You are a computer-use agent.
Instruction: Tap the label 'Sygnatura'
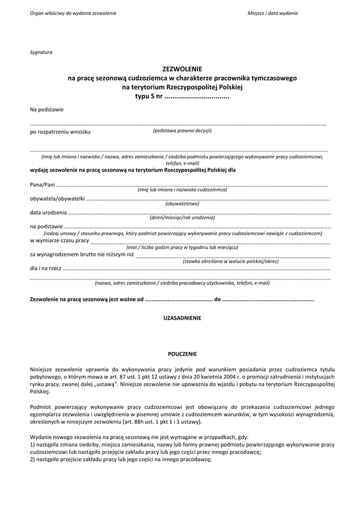click(x=41, y=52)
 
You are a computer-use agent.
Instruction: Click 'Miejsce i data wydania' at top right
click(x=272, y=13)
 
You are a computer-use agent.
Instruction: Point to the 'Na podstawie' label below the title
click(x=47, y=109)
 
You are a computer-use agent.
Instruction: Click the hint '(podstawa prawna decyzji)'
click(x=182, y=130)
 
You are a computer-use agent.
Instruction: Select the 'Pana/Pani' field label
click(x=42, y=185)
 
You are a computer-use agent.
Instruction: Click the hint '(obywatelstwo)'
click(x=182, y=204)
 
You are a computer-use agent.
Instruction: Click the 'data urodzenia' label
click(x=48, y=213)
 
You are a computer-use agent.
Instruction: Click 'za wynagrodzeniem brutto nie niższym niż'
click(x=82, y=255)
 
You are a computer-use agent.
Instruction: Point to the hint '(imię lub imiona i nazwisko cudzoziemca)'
click(x=182, y=189)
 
